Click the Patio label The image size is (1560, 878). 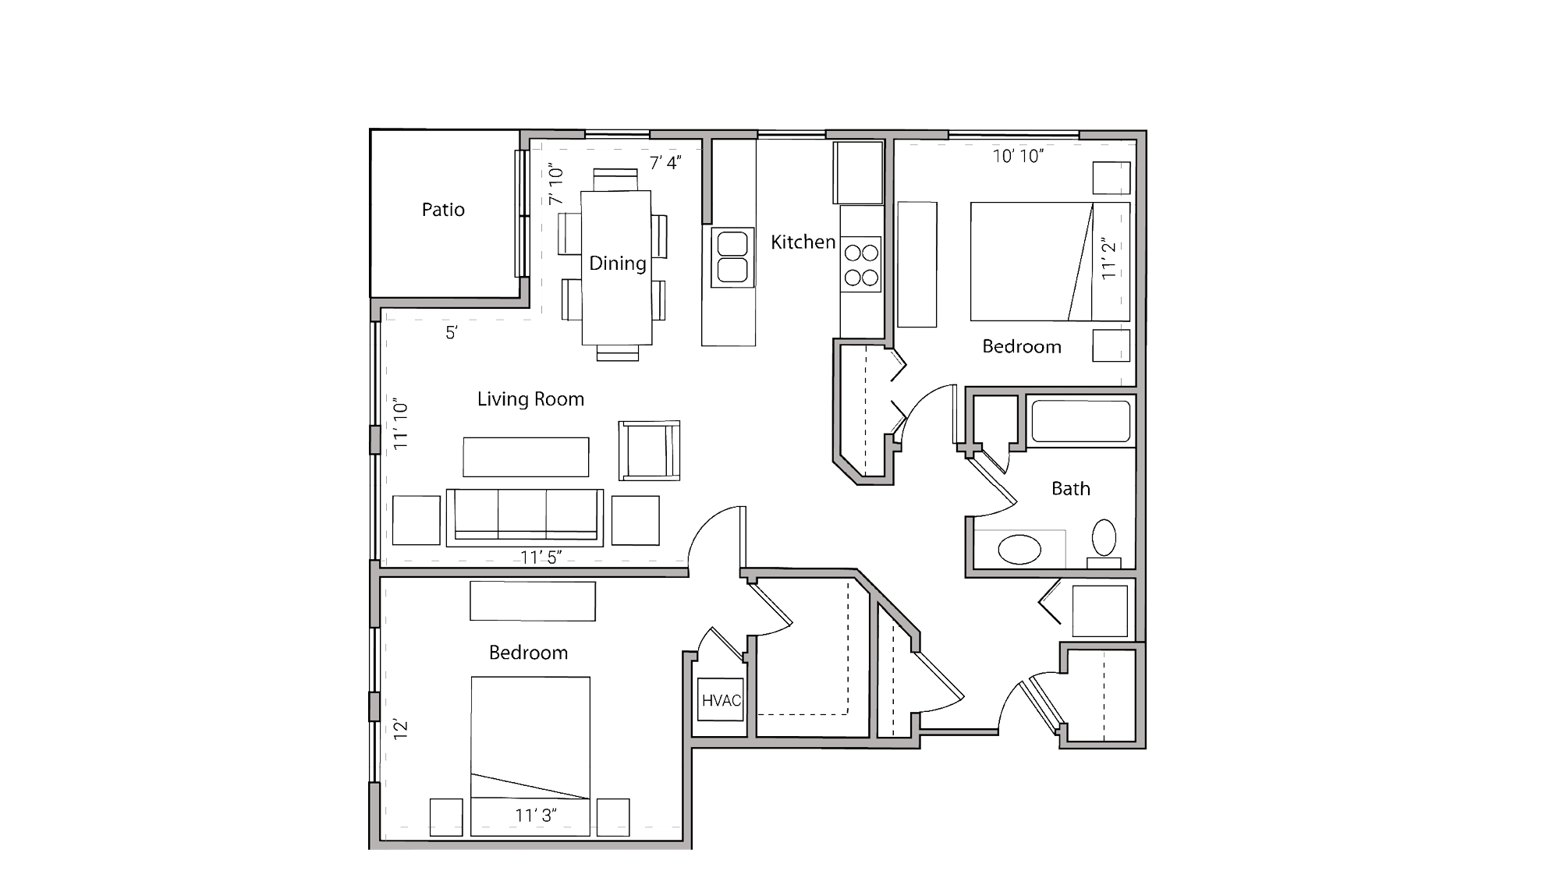[x=443, y=210]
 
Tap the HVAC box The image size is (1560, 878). [x=721, y=700]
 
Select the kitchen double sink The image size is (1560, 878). [x=732, y=257]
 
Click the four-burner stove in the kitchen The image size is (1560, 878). [x=861, y=264]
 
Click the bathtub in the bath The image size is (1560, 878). [x=1080, y=421]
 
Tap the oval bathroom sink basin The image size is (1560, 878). [x=1019, y=550]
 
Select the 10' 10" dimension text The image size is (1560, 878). [x=1018, y=156]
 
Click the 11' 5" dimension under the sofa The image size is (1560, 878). [x=541, y=557]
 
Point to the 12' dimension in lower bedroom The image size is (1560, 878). [x=401, y=730]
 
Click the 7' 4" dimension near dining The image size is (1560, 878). [x=665, y=163]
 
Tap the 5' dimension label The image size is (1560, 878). [x=452, y=333]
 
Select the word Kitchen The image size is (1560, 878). [x=803, y=243]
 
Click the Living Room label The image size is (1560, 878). [x=530, y=399]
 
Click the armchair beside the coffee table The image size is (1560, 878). [x=649, y=451]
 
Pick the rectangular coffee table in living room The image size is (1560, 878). [x=526, y=457]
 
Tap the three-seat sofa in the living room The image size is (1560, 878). [x=524, y=516]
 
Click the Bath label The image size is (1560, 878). [x=1070, y=489]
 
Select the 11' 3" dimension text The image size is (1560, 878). [x=536, y=816]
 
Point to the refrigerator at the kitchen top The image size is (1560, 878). [x=858, y=172]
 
